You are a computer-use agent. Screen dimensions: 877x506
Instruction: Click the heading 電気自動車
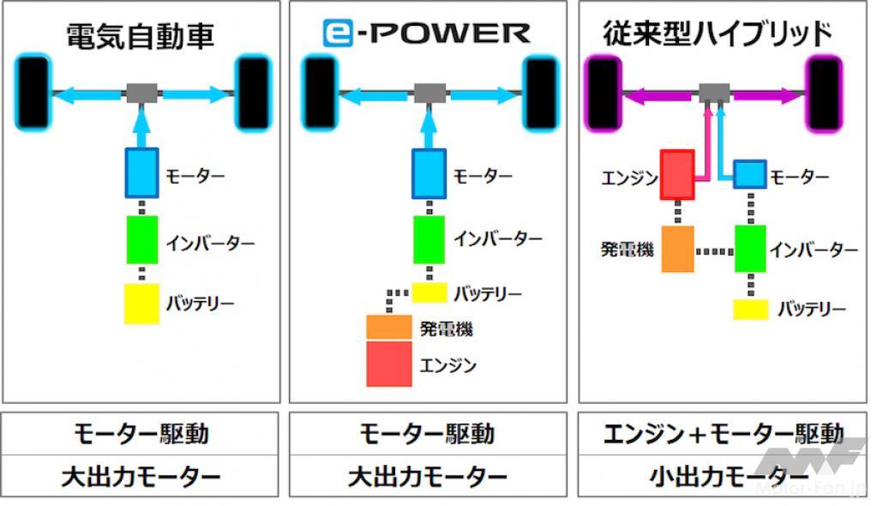pos(141,36)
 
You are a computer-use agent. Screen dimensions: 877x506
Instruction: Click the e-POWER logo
pos(426,33)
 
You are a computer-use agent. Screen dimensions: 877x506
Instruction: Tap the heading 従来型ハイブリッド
pos(717,33)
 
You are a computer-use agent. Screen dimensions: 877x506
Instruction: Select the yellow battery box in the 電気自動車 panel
pos(141,304)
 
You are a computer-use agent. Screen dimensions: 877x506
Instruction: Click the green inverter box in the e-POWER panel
pos(429,239)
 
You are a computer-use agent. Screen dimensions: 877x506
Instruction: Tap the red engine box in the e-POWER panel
pos(388,364)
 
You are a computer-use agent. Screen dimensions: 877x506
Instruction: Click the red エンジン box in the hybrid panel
pos(677,175)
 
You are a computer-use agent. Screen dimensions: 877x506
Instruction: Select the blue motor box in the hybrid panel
pos(750,174)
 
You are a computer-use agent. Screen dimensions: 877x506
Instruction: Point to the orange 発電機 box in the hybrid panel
pos(678,249)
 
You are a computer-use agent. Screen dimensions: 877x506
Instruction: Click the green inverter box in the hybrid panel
pos(750,249)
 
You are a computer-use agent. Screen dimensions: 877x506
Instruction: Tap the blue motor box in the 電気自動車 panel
pos(141,173)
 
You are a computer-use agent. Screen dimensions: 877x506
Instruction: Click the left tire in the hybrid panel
pos(603,93)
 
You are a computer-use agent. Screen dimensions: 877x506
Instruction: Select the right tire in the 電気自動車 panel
pos(254,92)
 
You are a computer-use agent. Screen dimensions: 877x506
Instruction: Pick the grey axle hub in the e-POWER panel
pos(429,93)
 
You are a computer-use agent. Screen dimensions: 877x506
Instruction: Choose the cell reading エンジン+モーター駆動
pos(723,434)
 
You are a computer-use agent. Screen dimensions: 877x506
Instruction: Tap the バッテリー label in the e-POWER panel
pos(487,293)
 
